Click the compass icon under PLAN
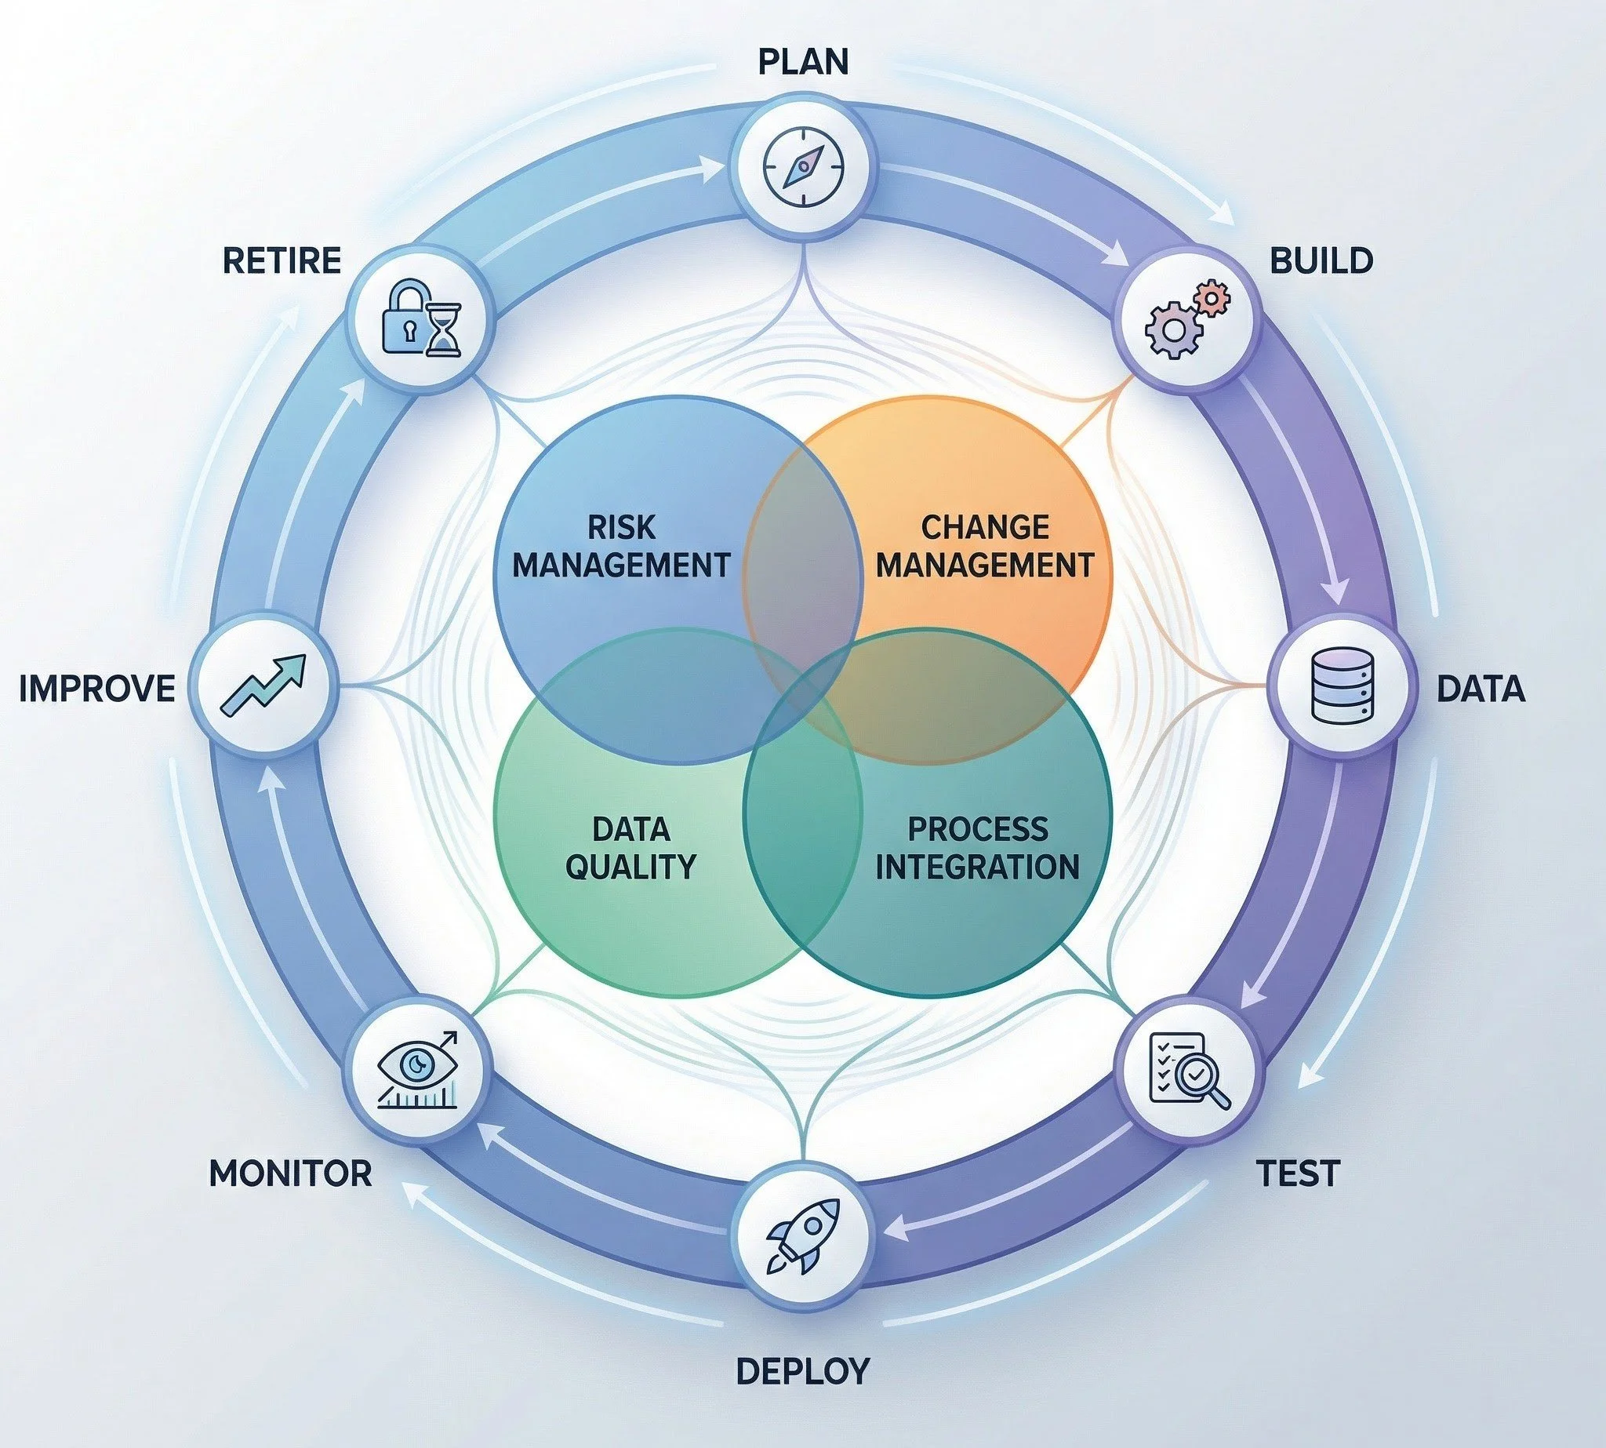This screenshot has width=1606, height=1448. click(804, 169)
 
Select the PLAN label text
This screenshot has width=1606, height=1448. click(802, 62)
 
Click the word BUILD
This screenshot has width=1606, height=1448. click(1321, 261)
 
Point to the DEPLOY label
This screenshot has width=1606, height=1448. click(801, 1371)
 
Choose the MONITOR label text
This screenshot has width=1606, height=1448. click(290, 1173)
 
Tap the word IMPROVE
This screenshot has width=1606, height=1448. click(97, 688)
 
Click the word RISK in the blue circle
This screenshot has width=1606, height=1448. click(621, 527)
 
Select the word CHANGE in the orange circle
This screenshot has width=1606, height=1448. click(985, 527)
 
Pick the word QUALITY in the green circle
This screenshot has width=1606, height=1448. click(630, 866)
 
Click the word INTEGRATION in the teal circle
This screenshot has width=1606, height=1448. click(978, 867)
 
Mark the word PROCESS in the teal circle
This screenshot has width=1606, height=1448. click(978, 830)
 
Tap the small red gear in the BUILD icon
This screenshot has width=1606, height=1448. click(1212, 299)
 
